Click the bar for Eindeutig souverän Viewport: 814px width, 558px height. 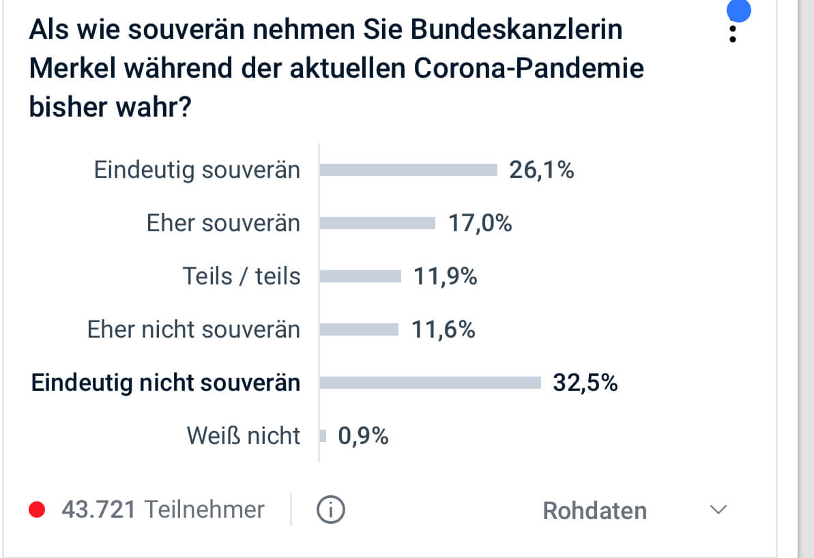tap(408, 170)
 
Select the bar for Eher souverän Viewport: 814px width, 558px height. tap(377, 223)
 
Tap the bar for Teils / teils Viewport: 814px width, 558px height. tap(360, 276)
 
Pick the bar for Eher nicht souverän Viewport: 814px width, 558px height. tap(359, 329)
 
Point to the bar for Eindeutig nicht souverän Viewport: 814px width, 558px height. tap(430, 383)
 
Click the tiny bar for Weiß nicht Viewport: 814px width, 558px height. tap(323, 436)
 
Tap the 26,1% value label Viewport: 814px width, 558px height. tap(542, 170)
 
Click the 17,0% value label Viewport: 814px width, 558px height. tap(480, 223)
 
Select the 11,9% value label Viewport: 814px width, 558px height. tap(445, 276)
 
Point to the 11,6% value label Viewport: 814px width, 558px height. tap(443, 329)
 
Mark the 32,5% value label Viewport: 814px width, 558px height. tap(585, 383)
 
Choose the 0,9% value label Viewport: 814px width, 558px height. tap(363, 436)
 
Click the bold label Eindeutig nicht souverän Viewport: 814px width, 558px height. tap(166, 383)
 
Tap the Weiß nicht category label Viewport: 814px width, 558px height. tap(244, 436)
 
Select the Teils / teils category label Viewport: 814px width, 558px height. tap(242, 276)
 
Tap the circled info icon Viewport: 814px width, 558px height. tap(331, 510)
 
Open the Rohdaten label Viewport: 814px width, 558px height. tap(594, 511)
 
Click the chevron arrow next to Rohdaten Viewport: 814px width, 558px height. tap(718, 510)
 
